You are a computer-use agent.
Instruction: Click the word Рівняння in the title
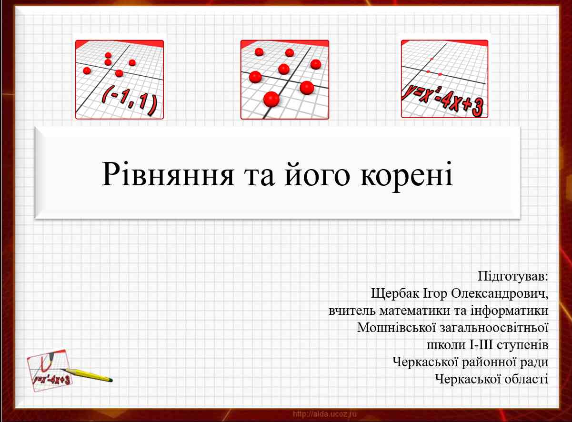[168, 174]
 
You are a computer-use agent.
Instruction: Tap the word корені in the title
[407, 174]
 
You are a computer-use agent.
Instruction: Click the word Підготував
[513, 276]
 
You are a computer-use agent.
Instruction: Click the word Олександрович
[500, 293]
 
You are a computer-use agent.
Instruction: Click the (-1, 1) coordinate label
[130, 100]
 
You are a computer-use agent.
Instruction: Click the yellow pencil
[87, 375]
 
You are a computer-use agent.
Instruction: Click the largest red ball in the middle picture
[271, 99]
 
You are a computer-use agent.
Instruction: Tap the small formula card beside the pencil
[49, 371]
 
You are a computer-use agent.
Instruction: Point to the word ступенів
[523, 345]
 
